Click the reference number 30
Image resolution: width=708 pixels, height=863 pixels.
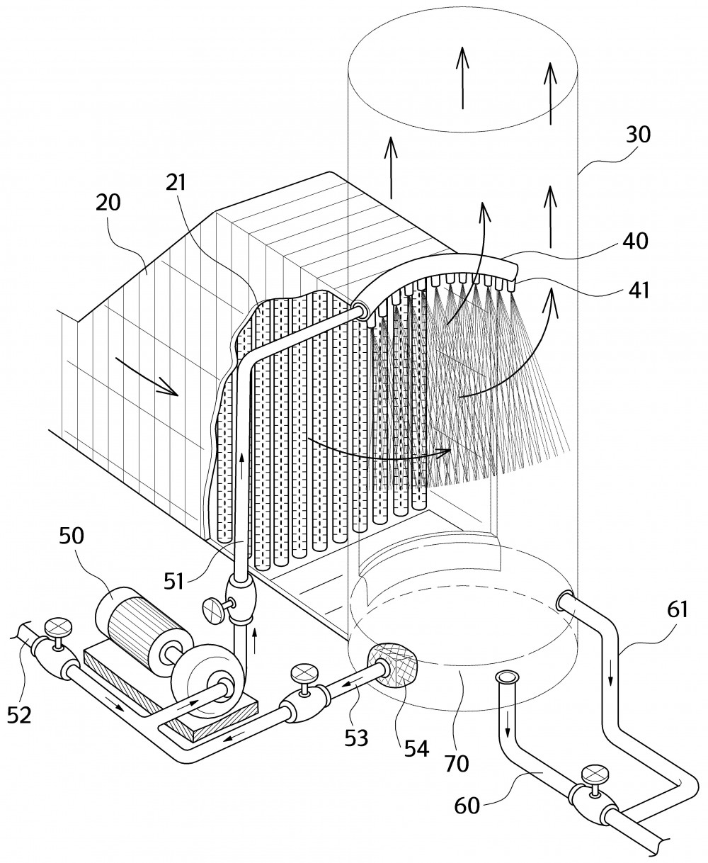point(638,135)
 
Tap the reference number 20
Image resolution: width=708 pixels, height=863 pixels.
point(108,202)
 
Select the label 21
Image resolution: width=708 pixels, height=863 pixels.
point(176,182)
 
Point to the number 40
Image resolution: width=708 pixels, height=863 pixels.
point(635,241)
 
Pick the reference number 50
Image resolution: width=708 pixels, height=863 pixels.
point(72,536)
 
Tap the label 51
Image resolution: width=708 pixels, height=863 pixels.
point(174,581)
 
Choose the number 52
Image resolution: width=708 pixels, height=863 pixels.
point(19,715)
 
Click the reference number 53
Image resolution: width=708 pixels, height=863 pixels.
point(356,738)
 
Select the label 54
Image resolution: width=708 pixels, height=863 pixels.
point(417,748)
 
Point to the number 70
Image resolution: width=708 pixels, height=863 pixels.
point(457,763)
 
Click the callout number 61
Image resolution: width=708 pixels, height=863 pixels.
point(678,609)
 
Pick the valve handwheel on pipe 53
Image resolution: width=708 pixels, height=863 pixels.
point(302,675)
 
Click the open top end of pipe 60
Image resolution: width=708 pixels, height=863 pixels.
point(506,678)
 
